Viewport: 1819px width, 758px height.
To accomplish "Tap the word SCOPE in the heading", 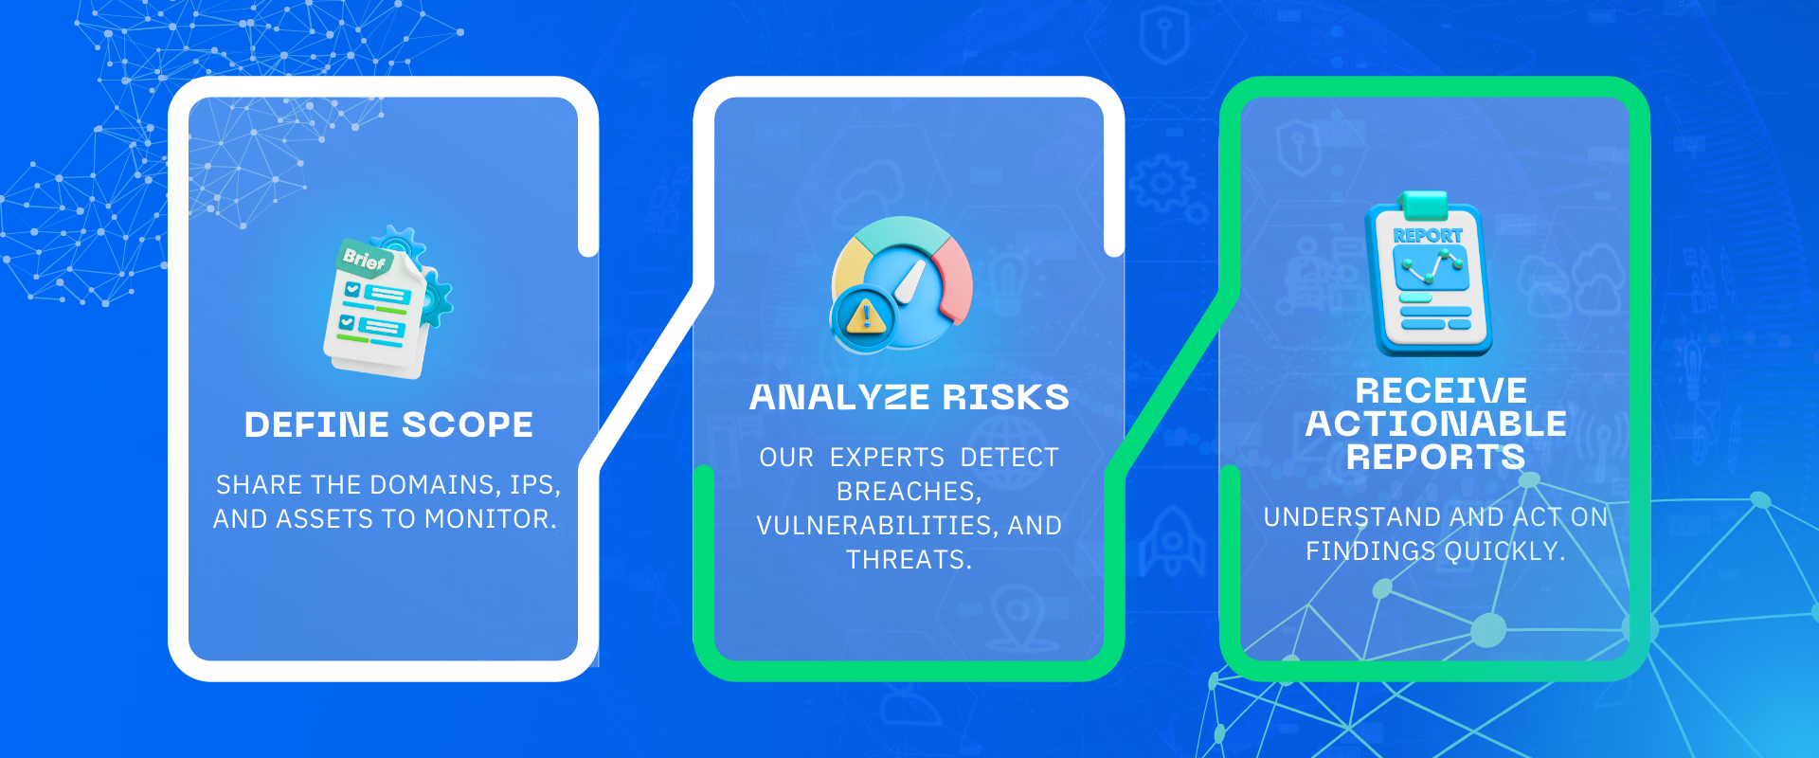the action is point(467,424).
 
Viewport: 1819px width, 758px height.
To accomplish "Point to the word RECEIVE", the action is point(1441,390).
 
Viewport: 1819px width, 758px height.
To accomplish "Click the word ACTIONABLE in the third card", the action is point(1436,424).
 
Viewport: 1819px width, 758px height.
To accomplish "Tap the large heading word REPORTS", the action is point(1436,457).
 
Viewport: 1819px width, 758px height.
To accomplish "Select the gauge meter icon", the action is point(902,284).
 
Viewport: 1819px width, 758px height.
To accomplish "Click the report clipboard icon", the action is point(1429,275).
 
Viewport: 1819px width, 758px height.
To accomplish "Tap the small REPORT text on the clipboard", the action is point(1428,236).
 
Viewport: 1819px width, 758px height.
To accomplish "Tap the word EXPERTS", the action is point(888,458).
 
